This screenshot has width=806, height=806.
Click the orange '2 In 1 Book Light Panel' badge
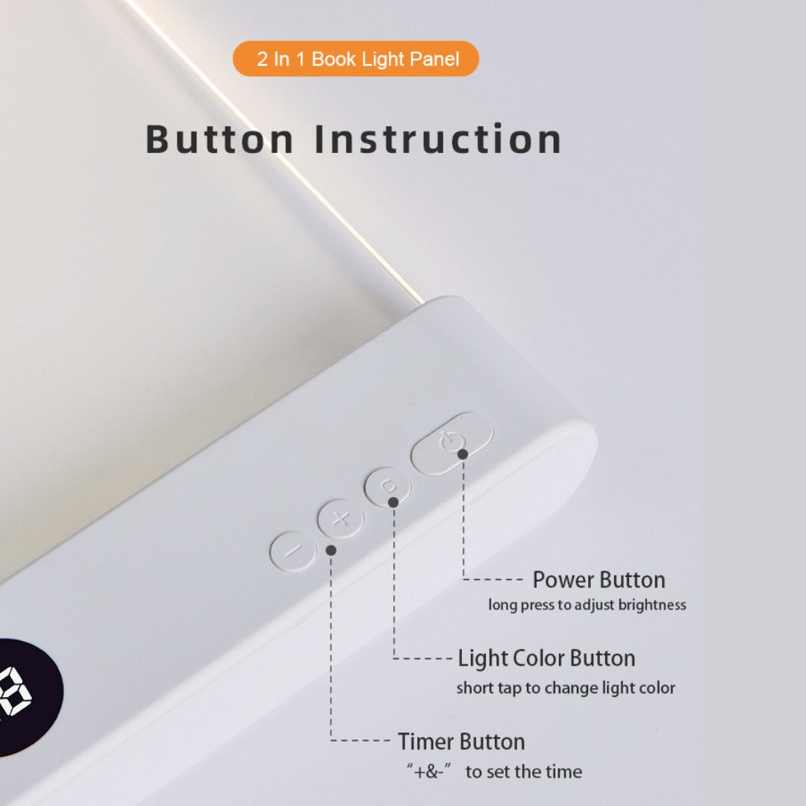[x=356, y=59]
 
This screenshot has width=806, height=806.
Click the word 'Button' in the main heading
[x=219, y=140]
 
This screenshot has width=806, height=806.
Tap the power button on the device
[x=452, y=443]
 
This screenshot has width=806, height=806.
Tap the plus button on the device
[x=341, y=519]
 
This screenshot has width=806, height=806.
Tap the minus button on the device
[x=293, y=552]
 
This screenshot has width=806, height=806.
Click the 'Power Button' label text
[x=599, y=580]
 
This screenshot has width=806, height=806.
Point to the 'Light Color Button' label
[x=546, y=659]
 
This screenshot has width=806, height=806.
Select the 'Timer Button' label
[x=461, y=742]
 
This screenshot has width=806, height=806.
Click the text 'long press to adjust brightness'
[x=587, y=605]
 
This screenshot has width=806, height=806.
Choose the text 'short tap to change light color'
[x=566, y=688]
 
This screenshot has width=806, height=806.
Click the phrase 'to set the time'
[x=524, y=772]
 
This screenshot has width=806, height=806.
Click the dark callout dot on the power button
[x=463, y=454]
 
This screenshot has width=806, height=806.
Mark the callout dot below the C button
[x=393, y=502]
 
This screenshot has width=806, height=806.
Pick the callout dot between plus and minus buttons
[x=331, y=550]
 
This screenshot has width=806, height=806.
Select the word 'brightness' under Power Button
[x=652, y=605]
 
